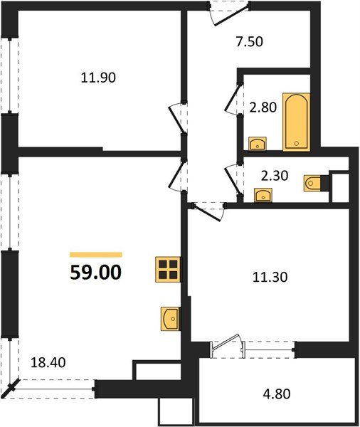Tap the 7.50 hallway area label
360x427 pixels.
coord(249,41)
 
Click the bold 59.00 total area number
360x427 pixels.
coord(96,271)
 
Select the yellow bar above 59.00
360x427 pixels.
coord(96,254)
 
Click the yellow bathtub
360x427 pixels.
coord(295,121)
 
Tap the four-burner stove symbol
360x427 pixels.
coord(169,270)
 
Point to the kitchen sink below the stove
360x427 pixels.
coord(171,319)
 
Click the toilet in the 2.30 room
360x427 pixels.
coord(313,184)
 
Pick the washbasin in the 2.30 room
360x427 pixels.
coord(264,195)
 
